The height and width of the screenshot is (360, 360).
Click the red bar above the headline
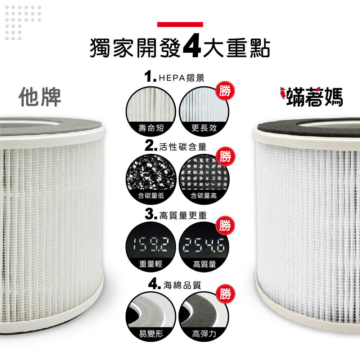[x=180, y=24]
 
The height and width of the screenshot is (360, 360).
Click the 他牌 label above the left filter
[x=40, y=97]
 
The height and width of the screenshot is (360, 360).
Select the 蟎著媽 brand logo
[x=311, y=96]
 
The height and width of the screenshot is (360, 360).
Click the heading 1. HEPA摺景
[x=175, y=77]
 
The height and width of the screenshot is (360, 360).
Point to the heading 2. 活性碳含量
[x=176, y=146]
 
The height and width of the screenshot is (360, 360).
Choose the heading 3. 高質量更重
[x=176, y=215]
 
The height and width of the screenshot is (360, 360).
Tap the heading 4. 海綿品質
[x=175, y=284]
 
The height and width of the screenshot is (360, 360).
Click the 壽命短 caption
[x=151, y=128]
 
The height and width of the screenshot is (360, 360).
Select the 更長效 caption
[x=204, y=128]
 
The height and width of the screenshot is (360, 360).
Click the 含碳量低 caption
[x=151, y=195]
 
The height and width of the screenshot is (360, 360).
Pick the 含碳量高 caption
[x=204, y=195]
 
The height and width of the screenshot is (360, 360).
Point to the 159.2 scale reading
[x=151, y=244]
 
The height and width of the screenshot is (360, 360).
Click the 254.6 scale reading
[x=204, y=245]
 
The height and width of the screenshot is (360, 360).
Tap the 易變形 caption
[x=151, y=334]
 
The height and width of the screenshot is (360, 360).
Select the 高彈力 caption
[x=204, y=334]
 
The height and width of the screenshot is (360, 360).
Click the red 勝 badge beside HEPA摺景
[x=225, y=91]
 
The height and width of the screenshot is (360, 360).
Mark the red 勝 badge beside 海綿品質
[x=225, y=294]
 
